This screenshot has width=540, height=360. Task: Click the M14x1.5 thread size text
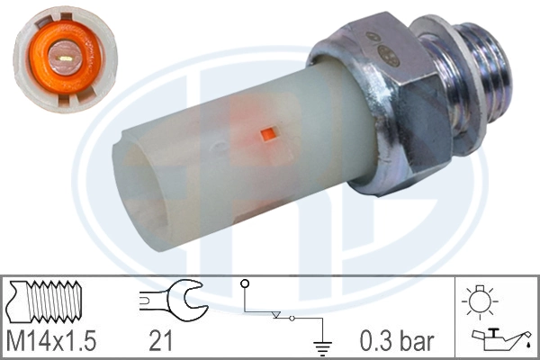click(52, 341)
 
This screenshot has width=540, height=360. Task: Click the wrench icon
click(173, 300)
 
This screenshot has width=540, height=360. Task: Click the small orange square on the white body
click(267, 135)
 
